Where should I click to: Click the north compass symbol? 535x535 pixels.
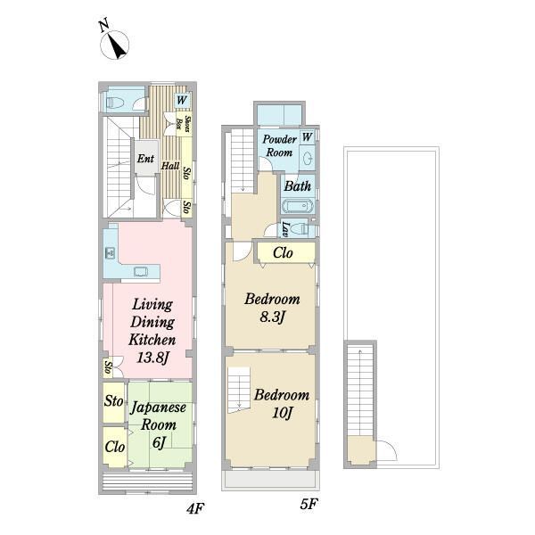point(114,41)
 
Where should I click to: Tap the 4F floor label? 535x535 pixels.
point(195,508)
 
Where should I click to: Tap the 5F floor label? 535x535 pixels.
point(309,504)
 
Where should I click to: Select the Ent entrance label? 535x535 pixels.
point(145,159)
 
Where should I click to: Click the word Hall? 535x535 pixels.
point(170,166)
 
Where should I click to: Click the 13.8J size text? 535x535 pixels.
point(152,358)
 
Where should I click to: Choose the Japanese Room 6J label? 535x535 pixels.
point(159,424)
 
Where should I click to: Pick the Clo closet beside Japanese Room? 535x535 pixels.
point(115,447)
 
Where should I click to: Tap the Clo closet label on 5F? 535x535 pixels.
point(283,253)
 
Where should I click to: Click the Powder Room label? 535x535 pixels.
point(279,145)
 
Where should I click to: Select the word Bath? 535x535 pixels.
point(298,186)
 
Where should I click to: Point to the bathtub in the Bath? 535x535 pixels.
point(298,206)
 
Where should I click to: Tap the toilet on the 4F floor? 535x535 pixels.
point(115,103)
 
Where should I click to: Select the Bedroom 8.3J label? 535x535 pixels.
point(272,308)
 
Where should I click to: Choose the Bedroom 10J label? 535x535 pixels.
point(282,404)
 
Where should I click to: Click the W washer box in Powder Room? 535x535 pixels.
point(307,137)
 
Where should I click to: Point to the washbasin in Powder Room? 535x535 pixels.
point(307,159)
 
